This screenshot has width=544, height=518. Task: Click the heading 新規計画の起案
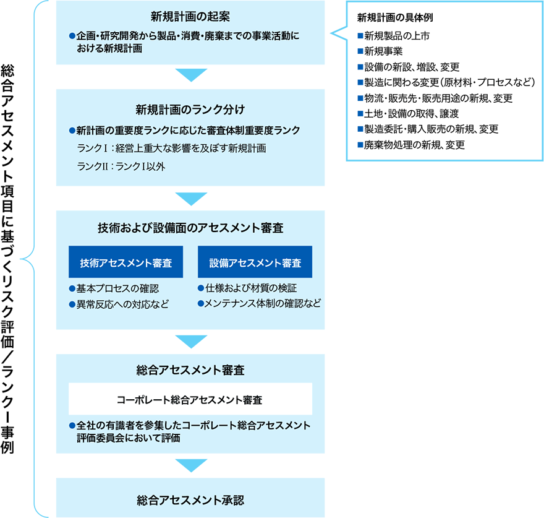[x=190, y=16]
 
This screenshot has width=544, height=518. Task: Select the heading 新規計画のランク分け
[x=190, y=110]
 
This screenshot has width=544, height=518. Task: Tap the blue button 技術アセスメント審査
[x=125, y=262]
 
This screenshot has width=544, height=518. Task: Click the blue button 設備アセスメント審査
[x=255, y=262]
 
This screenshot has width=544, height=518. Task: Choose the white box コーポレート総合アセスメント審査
[x=190, y=400]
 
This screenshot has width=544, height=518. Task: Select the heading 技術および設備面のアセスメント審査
[x=190, y=228]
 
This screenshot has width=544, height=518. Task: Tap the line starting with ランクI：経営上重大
[x=171, y=149]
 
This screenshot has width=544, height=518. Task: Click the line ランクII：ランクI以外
[x=121, y=166]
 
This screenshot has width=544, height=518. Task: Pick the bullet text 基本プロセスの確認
[x=117, y=289]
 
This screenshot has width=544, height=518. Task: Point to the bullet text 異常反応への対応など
[x=122, y=304]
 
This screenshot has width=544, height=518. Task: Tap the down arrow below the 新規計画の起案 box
[x=190, y=76]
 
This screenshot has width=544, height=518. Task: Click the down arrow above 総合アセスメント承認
[x=190, y=465]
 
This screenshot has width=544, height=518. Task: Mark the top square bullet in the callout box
[x=360, y=36]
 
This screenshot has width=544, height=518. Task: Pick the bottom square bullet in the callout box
[x=360, y=145]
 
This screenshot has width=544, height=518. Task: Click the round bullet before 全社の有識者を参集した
[x=72, y=426]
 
